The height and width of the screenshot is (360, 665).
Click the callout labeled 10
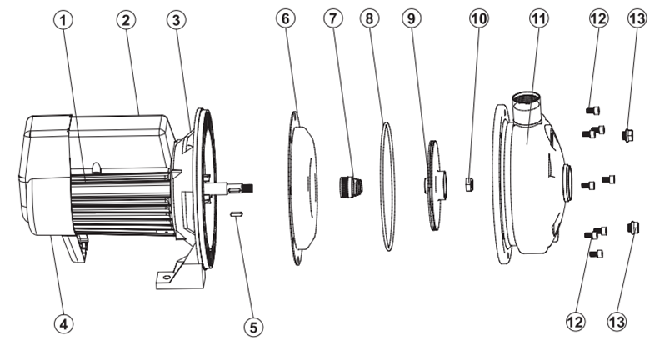click(477, 18)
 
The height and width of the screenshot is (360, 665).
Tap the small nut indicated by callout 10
click(468, 183)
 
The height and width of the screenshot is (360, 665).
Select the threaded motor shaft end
click(241, 188)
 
